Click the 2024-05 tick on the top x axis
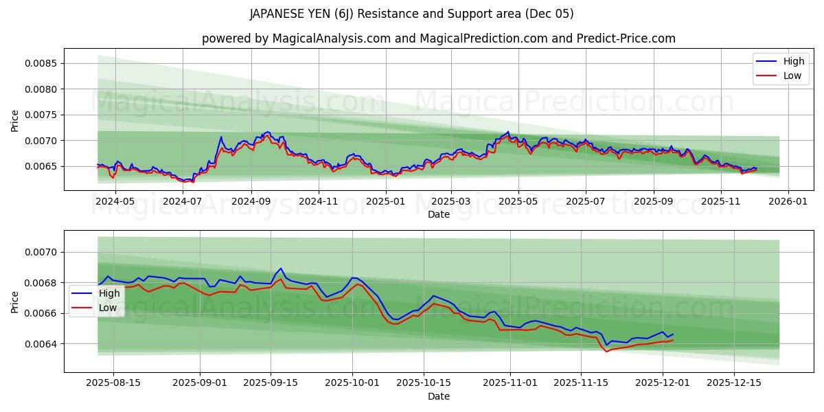(x=115, y=201)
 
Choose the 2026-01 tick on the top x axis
(x=788, y=201)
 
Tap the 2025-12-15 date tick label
(x=734, y=383)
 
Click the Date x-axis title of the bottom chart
(x=439, y=396)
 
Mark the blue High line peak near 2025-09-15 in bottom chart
(x=280, y=268)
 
